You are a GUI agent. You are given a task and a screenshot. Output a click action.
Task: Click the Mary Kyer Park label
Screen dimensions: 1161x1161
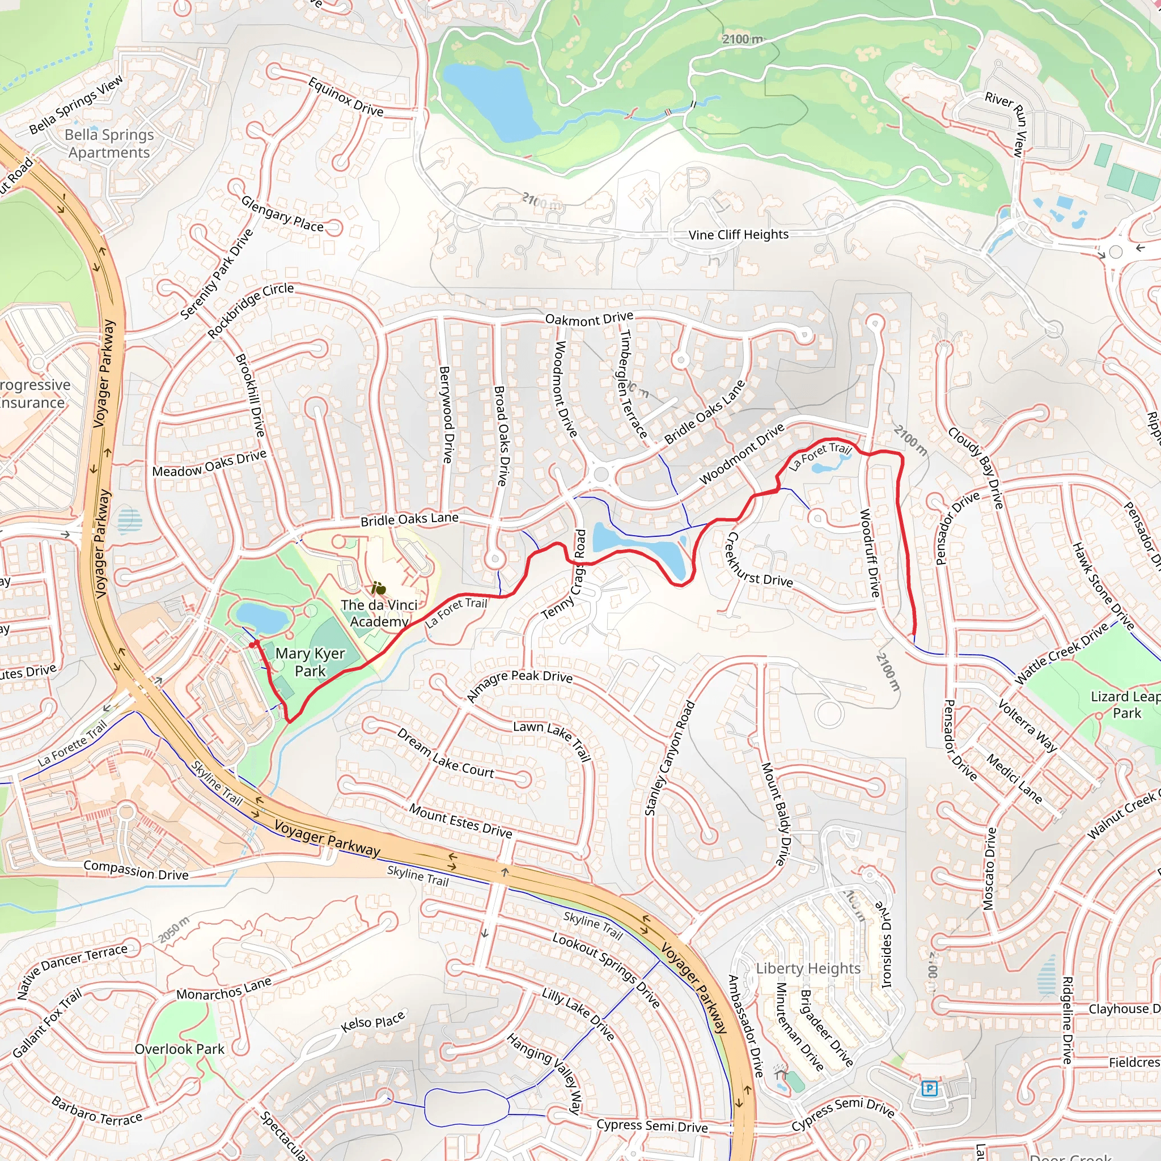tap(310, 662)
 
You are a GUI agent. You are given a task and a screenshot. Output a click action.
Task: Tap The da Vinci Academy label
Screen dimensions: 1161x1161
tap(379, 613)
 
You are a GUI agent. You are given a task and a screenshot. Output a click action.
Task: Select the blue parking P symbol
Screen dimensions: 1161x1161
tap(929, 1088)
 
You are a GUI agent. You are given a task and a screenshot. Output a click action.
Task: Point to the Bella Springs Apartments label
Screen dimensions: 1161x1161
tap(109, 143)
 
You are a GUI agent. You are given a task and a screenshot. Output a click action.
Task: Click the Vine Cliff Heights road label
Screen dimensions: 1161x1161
tap(738, 235)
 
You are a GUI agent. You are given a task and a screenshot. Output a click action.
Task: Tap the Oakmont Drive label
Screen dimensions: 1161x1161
tap(588, 319)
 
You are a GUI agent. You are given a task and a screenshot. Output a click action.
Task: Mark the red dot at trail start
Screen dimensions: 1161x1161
tap(252, 645)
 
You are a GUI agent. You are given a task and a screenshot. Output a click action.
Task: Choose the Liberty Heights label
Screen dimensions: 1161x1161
tap(808, 968)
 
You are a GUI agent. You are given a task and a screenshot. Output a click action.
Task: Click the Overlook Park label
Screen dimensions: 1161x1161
tap(179, 1049)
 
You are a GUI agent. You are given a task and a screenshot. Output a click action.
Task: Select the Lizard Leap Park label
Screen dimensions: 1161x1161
tap(1125, 704)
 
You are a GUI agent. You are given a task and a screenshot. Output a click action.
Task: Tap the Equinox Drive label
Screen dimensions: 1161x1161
tap(346, 97)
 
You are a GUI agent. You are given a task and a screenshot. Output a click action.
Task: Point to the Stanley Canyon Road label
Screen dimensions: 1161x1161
tap(669, 759)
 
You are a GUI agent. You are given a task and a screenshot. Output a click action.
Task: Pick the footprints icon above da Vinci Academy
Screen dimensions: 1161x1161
tap(378, 588)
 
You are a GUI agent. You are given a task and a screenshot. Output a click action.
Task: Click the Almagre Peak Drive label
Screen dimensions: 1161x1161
tap(519, 685)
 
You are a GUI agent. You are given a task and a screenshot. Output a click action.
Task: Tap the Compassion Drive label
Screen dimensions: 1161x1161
tap(136, 870)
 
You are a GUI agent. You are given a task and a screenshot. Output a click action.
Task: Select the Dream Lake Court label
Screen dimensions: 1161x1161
tap(444, 753)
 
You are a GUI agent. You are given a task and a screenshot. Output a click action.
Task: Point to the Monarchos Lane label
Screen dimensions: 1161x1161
tap(223, 989)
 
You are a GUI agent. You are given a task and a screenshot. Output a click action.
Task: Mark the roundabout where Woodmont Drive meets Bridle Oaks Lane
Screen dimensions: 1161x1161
tap(600, 474)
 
